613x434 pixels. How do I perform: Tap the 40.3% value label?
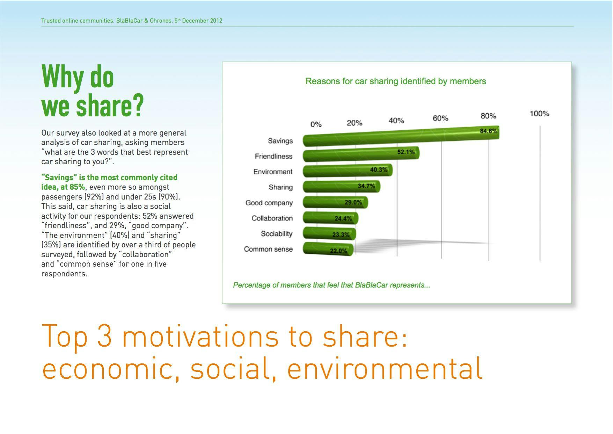(379, 170)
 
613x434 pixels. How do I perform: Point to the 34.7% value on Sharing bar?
(366, 186)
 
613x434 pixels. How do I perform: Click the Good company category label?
(269, 203)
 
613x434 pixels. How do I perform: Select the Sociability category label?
(276, 234)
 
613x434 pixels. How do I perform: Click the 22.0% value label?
(338, 251)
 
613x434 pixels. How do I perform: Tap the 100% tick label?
(539, 114)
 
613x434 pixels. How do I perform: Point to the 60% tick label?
(440, 118)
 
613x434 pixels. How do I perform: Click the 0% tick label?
(316, 124)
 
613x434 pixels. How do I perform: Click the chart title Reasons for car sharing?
(395, 81)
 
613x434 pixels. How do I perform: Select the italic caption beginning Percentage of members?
(331, 285)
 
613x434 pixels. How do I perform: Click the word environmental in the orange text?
(384, 368)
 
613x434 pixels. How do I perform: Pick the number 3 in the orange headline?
(104, 335)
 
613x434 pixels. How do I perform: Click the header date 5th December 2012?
(198, 21)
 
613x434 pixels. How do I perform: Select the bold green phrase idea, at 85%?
(63, 187)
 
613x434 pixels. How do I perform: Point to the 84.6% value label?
(488, 131)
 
